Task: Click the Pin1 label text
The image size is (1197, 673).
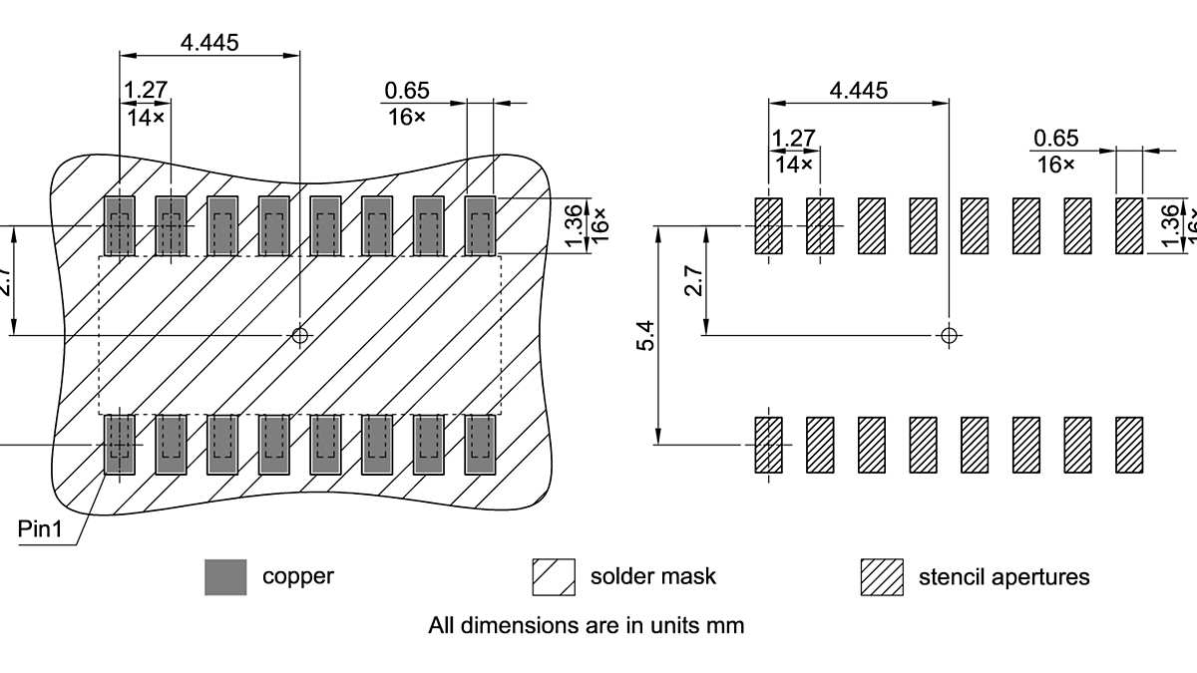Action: (x=40, y=528)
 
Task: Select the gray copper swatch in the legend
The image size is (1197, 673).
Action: (x=225, y=577)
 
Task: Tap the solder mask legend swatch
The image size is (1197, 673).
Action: (x=554, y=577)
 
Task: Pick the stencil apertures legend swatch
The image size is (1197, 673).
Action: (x=882, y=577)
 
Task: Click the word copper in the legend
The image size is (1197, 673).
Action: (x=297, y=576)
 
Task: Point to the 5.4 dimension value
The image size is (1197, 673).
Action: (x=645, y=335)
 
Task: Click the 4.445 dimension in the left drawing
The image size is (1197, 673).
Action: (x=209, y=42)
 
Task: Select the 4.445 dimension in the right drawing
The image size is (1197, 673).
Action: (x=858, y=90)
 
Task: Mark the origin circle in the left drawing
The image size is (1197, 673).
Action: (x=299, y=335)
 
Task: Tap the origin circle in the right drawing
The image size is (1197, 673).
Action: (x=949, y=335)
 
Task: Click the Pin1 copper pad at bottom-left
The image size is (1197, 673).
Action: (x=120, y=444)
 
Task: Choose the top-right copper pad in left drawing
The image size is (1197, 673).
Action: (x=481, y=225)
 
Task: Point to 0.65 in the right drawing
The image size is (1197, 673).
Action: (x=1056, y=138)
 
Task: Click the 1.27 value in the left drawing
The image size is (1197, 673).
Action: (x=146, y=90)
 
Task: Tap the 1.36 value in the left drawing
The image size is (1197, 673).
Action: (x=573, y=226)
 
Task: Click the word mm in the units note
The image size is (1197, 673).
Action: (x=728, y=626)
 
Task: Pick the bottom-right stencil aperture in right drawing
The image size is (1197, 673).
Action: (x=1128, y=444)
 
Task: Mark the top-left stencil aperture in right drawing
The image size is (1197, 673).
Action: (x=768, y=225)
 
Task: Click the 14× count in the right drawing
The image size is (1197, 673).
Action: (x=794, y=164)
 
